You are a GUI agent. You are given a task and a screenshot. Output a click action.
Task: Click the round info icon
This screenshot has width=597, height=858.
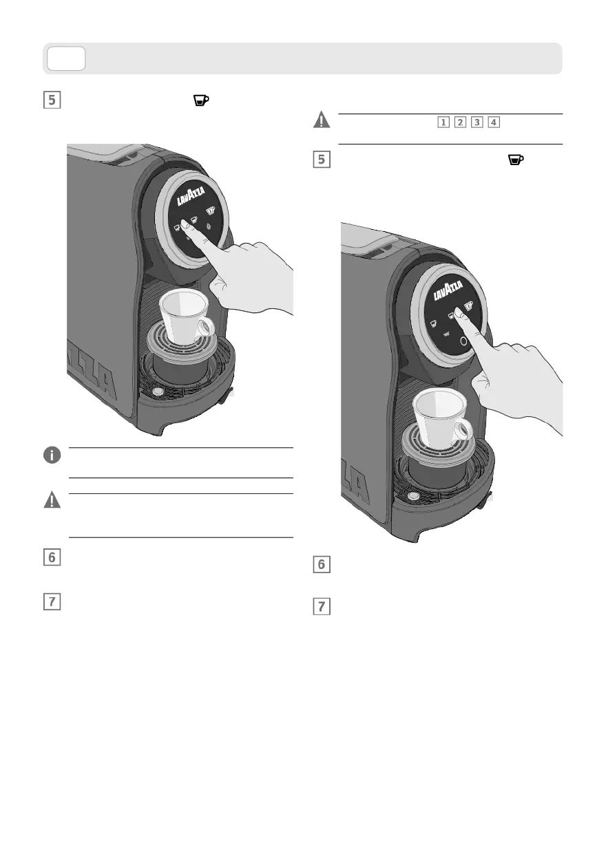pyautogui.click(x=52, y=455)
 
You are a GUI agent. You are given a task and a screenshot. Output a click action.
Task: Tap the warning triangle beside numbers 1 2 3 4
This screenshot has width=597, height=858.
pyautogui.click(x=322, y=120)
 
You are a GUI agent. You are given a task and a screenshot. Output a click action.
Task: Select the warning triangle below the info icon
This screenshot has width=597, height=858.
pyautogui.click(x=52, y=500)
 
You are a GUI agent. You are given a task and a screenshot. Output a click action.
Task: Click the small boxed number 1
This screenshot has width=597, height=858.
pyautogui.click(x=443, y=122)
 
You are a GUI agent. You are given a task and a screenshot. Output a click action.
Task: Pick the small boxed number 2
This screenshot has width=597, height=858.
pyautogui.click(x=460, y=122)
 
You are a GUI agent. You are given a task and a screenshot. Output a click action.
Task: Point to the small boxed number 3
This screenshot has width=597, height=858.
pyautogui.click(x=477, y=122)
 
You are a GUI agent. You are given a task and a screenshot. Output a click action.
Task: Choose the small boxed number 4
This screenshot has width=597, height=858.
pyautogui.click(x=494, y=122)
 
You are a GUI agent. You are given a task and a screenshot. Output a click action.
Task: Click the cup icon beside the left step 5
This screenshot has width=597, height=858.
pyautogui.click(x=201, y=100)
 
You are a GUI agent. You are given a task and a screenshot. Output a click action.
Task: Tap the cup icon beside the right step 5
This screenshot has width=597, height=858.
pyautogui.click(x=516, y=160)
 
